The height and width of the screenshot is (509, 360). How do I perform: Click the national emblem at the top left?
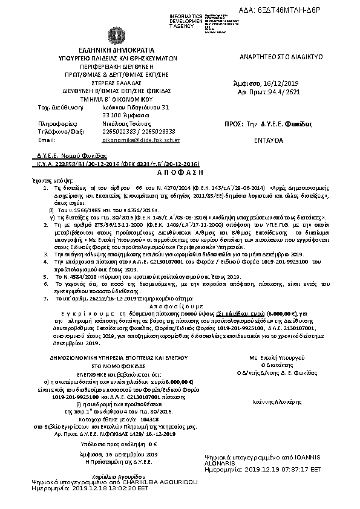[x=114, y=36]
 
